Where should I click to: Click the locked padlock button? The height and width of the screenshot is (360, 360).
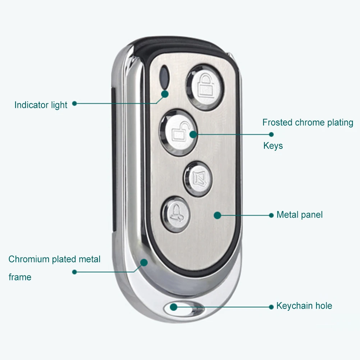205,86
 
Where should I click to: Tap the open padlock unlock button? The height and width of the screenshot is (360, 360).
178,132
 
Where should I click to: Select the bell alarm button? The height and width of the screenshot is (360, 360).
175,214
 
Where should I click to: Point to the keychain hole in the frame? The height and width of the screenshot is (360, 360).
183,308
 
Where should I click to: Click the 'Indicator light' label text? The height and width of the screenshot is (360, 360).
41,105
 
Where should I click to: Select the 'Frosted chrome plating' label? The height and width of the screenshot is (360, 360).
307,123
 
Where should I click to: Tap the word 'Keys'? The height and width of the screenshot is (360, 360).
273,146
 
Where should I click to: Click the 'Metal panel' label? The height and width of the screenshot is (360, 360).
299,215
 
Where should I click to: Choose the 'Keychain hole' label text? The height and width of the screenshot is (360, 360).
304,306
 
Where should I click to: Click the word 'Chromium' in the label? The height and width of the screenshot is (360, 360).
29,259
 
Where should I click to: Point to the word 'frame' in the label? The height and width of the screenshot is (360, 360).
20,277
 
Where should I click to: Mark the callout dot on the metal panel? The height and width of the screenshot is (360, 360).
217,215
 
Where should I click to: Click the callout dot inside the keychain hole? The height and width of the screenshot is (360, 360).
174,307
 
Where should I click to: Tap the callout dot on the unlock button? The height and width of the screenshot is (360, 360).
193,134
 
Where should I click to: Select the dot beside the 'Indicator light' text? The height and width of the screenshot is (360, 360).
74,103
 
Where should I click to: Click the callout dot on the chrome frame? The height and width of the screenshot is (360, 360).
144,262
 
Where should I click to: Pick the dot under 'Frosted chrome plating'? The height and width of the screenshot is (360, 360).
271,135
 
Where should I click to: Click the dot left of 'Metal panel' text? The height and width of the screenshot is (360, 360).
271,215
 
